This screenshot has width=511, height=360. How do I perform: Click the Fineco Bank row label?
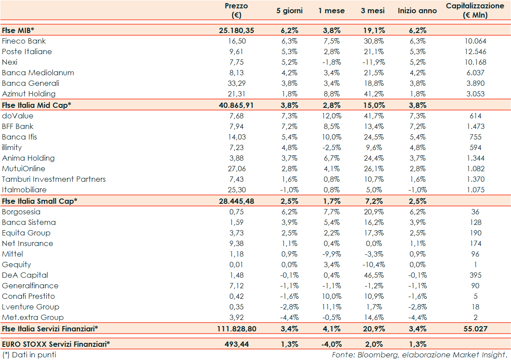[x=24, y=41]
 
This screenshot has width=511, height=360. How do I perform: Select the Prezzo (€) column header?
[x=236, y=11]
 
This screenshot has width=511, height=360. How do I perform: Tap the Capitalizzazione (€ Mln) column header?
[x=475, y=11]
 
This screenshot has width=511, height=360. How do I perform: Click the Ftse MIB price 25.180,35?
[x=236, y=30]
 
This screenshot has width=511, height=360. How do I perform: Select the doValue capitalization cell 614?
[x=475, y=116]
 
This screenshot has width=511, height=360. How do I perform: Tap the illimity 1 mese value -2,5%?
[x=331, y=147]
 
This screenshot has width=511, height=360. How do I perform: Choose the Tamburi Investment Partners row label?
[x=54, y=179]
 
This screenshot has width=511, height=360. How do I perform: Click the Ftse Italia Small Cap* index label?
[x=40, y=201]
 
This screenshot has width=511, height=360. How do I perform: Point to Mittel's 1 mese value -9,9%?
[x=331, y=254]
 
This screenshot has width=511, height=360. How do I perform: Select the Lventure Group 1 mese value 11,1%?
[x=331, y=307]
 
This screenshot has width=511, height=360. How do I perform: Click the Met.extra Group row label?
[x=33, y=317]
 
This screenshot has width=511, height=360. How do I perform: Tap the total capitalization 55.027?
[x=475, y=328]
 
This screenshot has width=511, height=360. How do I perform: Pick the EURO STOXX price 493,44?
[x=236, y=344]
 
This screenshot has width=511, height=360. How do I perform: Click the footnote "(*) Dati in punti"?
[x=29, y=354]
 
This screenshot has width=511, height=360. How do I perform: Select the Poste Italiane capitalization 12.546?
[x=475, y=51]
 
